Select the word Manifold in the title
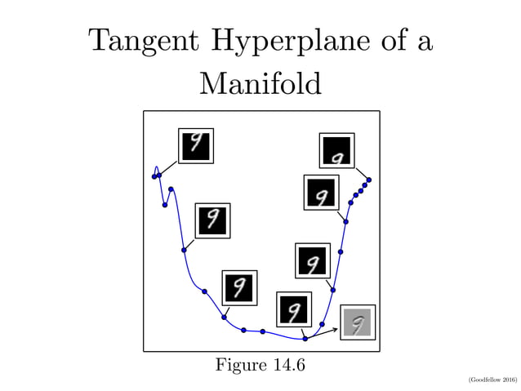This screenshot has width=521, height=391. click(260, 82)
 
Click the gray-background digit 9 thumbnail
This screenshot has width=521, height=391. click(358, 322)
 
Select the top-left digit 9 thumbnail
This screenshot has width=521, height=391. click(196, 145)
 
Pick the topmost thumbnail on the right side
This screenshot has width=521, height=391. click(336, 150)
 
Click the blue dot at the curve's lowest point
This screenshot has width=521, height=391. click(305, 338)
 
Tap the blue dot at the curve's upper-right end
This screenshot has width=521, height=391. click(369, 180)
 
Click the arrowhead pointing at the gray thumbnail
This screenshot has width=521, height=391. click(336, 329)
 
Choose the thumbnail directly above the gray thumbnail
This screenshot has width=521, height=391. click(312, 260)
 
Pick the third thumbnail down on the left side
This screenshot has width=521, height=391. click(239, 287)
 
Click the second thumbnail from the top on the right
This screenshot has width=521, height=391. click(321, 193)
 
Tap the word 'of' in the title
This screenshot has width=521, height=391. click(385, 40)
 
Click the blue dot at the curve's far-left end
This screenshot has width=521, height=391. click(154, 176)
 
